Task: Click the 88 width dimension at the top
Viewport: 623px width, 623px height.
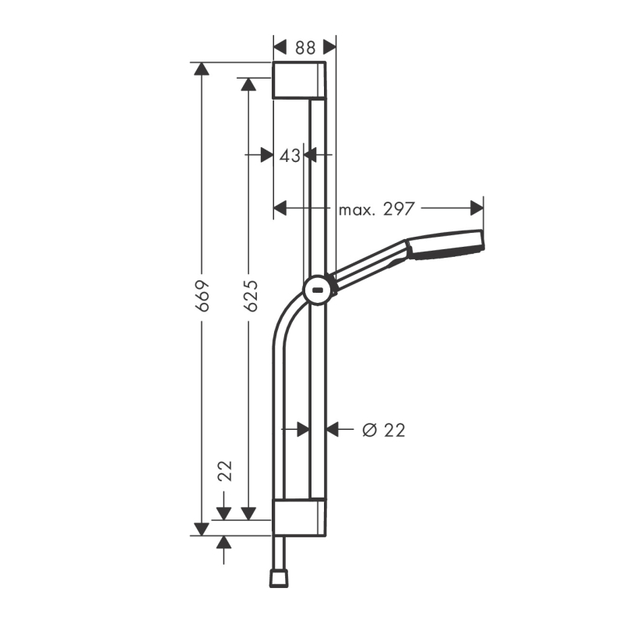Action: (x=305, y=48)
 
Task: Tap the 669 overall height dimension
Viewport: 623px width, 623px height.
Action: (x=203, y=296)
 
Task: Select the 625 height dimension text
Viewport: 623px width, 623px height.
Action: (x=250, y=296)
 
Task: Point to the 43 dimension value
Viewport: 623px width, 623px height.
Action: (x=290, y=156)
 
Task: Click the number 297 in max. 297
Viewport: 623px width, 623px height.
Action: (x=399, y=209)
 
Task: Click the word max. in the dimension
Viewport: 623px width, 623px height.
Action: (x=357, y=210)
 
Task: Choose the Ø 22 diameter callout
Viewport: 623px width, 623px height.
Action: (x=384, y=430)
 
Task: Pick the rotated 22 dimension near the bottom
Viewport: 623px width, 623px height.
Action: (x=226, y=471)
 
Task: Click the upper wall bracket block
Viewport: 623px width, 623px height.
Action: (x=299, y=80)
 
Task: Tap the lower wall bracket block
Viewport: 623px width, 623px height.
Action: (x=299, y=517)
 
